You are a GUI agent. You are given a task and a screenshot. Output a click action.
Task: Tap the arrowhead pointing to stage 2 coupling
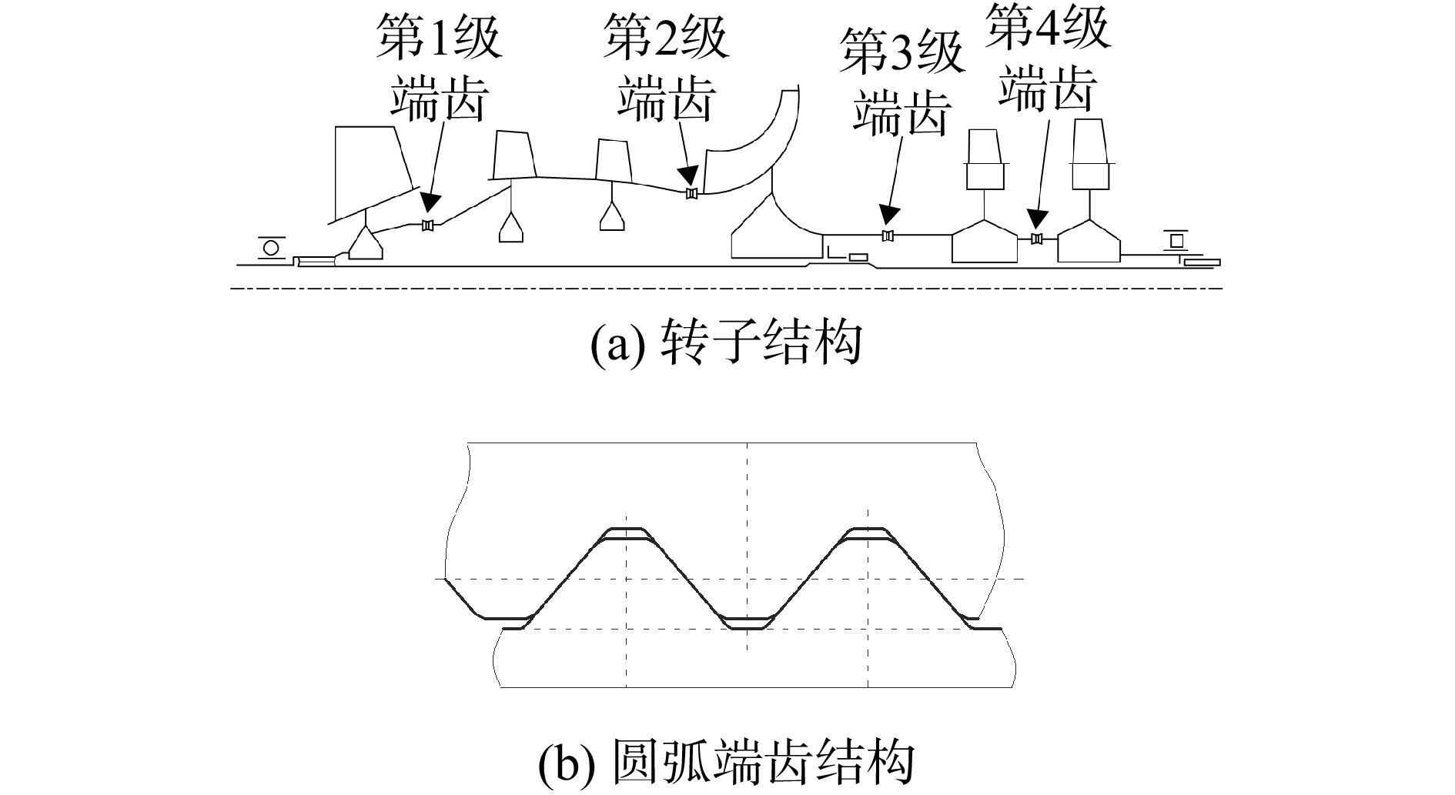(x=687, y=175)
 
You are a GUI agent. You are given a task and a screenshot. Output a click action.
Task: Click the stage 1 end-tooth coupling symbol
(x=429, y=225)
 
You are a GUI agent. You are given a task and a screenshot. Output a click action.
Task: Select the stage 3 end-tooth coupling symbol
(x=888, y=235)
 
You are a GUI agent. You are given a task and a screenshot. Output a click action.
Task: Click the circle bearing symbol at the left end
(x=271, y=248)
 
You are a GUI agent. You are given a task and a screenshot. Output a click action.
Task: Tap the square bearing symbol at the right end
(x=1177, y=241)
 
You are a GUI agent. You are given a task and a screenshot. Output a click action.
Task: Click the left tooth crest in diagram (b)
(x=627, y=533)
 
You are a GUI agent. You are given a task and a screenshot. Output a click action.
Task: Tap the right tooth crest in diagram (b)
(x=868, y=533)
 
